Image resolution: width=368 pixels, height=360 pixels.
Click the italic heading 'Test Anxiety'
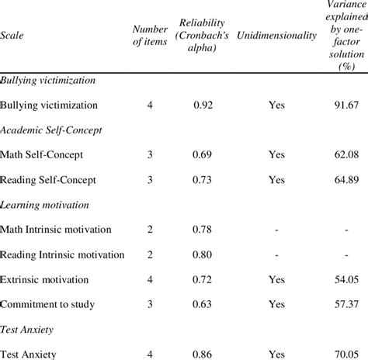point(27,328)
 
